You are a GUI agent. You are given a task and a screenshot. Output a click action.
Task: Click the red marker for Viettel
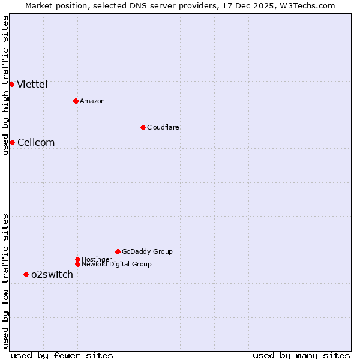pyautogui.click(x=12, y=84)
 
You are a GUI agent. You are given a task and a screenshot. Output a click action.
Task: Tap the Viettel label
pyautogui.click(x=32, y=85)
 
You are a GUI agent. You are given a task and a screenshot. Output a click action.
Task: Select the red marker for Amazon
pyautogui.click(x=76, y=101)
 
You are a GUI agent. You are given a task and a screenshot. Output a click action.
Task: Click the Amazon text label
pyautogui.click(x=92, y=101)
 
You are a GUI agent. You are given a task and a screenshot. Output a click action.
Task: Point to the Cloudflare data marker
pyautogui.click(x=143, y=127)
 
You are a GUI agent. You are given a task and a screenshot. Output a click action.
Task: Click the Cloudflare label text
pyautogui.click(x=163, y=128)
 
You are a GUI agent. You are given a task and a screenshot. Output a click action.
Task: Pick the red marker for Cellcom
pyautogui.click(x=12, y=142)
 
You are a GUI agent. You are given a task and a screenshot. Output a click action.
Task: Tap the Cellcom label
pyautogui.click(x=36, y=143)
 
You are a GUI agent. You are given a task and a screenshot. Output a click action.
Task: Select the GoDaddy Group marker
pyautogui.click(x=118, y=251)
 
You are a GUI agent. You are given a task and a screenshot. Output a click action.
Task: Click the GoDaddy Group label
pyautogui.click(x=147, y=252)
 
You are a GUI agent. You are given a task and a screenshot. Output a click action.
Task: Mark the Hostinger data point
pyautogui.click(x=77, y=259)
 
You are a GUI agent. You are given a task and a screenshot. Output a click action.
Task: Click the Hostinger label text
pyautogui.click(x=97, y=260)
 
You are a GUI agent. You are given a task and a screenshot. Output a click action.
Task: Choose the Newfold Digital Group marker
pyautogui.click(x=77, y=264)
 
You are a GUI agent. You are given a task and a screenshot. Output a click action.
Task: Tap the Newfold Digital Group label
pyautogui.click(x=116, y=265)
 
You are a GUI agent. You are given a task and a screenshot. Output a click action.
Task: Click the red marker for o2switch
pyautogui.click(x=26, y=274)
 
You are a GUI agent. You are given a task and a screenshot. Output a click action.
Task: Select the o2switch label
pyautogui.click(x=52, y=275)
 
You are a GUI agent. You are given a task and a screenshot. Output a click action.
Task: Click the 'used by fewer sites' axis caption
pyautogui.click(x=62, y=356)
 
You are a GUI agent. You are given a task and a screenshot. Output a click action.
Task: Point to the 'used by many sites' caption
pyautogui.click(x=301, y=356)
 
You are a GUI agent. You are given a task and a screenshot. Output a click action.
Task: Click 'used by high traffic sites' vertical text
pyautogui.click(x=6, y=85)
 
